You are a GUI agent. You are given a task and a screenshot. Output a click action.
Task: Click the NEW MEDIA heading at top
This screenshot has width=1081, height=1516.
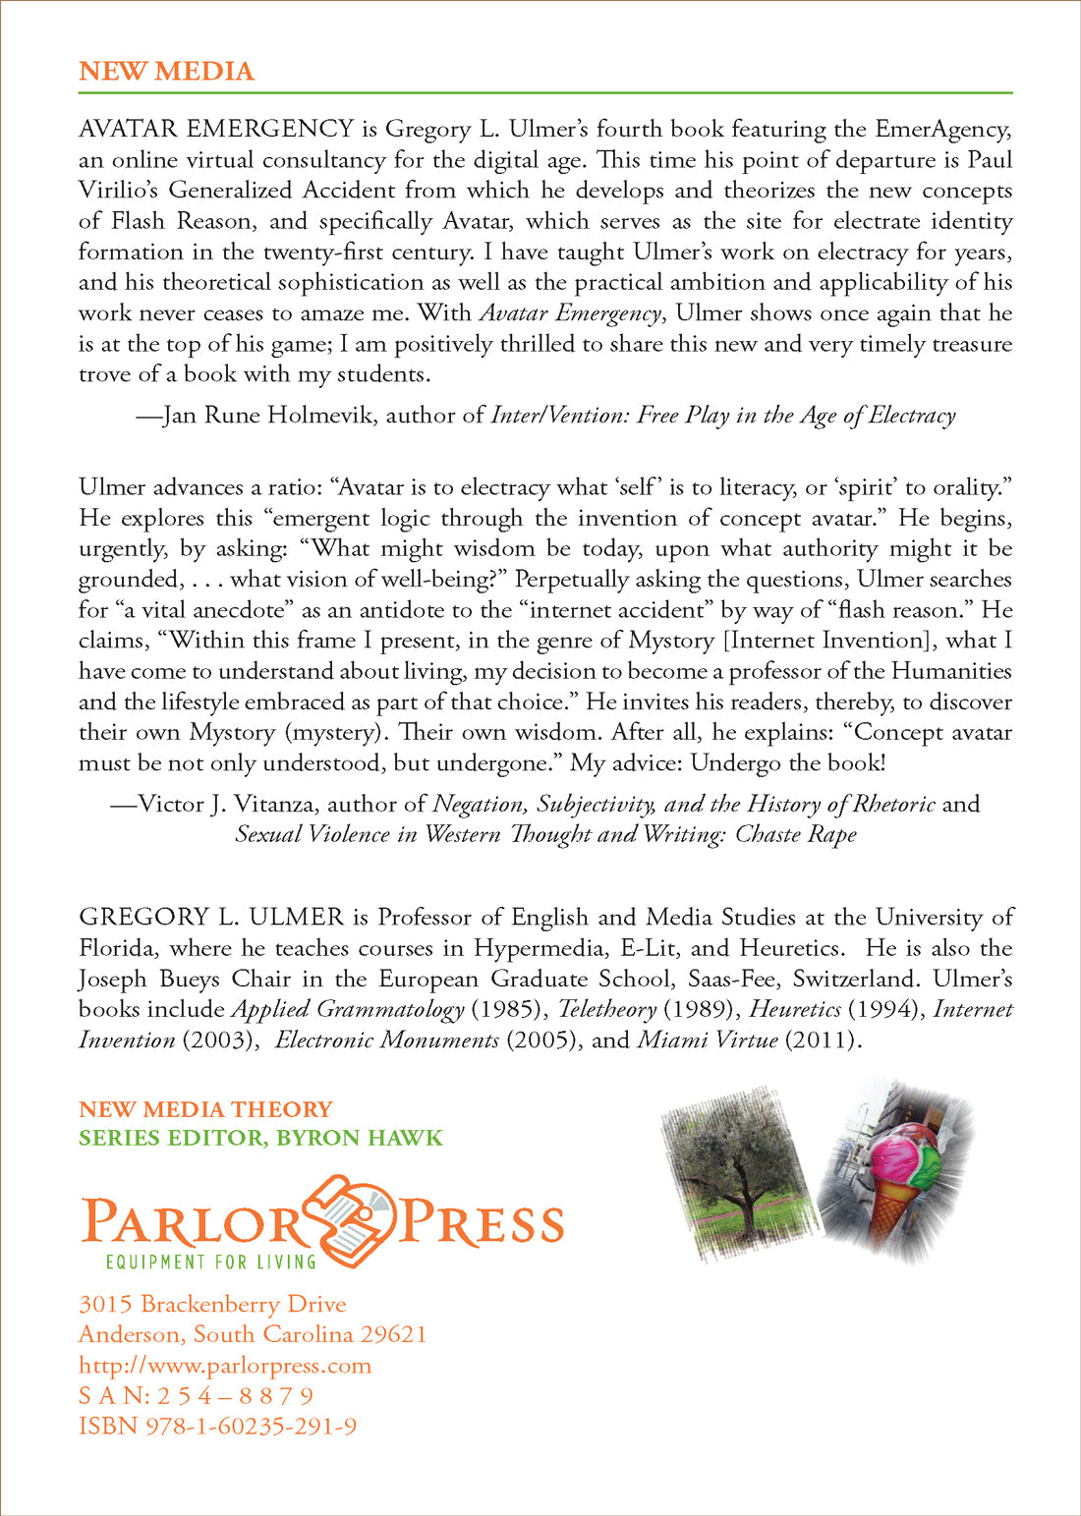click(166, 72)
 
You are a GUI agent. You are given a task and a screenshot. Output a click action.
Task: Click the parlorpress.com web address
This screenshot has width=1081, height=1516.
click(225, 1365)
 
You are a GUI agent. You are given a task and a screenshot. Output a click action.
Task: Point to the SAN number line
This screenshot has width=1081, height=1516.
click(197, 1395)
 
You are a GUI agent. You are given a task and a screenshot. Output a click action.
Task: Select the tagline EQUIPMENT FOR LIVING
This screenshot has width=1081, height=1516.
click(210, 1261)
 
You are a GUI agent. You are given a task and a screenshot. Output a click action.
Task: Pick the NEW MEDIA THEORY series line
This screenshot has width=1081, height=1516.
click(205, 1109)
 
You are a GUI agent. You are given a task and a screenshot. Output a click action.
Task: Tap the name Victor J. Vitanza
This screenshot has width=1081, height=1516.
click(227, 805)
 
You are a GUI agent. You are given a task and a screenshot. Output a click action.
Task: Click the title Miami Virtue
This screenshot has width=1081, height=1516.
click(708, 1039)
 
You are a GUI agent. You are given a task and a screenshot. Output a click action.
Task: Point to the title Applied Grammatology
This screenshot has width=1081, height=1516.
click(348, 1009)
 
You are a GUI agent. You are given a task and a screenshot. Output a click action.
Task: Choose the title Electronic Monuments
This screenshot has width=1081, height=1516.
click(386, 1039)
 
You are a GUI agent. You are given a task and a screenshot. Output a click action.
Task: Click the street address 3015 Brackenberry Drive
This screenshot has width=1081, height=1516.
click(212, 1304)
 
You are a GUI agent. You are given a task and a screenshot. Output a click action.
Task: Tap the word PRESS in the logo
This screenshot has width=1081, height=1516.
click(482, 1222)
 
